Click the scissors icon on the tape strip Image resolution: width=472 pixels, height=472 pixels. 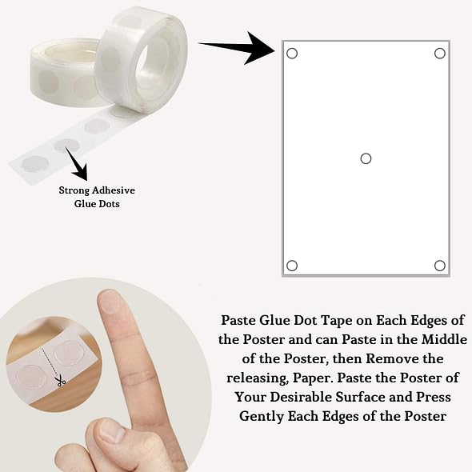coord(61,381)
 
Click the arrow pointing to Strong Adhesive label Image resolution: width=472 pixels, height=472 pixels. coord(77,164)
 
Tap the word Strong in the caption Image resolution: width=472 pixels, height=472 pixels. coord(74,190)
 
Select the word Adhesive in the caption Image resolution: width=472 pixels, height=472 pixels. coord(114,190)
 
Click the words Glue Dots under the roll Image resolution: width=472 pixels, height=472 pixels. coord(97,204)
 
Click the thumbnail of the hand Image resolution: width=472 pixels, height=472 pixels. coord(110,431)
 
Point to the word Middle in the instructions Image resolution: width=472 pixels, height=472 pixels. coord(444,339)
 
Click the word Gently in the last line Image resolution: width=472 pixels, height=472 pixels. coord(262,417)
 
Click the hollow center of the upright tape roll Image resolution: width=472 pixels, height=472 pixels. coord(147,70)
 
